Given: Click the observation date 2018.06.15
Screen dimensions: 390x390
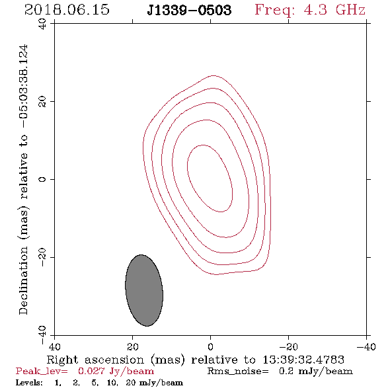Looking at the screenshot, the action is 67,10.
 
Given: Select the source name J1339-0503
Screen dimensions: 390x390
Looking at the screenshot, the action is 189,11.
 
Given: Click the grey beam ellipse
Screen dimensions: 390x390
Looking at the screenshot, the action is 144,290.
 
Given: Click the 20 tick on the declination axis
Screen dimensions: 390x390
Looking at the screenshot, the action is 42,102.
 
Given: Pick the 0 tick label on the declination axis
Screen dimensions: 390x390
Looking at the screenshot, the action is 42,179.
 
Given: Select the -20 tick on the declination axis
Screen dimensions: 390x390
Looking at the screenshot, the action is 42,257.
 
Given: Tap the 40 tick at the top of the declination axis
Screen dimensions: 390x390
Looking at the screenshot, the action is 42,24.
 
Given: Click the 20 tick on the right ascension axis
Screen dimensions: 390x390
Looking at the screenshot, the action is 132,346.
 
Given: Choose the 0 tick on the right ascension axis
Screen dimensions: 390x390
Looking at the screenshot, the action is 210,346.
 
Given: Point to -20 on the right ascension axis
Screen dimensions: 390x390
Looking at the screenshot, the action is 288,346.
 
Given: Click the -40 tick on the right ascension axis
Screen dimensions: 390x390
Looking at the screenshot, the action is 366,346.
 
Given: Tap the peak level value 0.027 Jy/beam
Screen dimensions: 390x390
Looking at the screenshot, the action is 116,371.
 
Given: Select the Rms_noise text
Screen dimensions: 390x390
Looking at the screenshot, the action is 238,371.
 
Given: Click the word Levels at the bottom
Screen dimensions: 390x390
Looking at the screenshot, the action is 29,383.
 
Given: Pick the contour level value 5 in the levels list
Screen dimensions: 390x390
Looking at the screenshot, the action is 95,383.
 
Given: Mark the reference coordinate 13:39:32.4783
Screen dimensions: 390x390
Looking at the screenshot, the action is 303,360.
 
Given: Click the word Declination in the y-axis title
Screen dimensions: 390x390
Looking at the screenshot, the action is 23,281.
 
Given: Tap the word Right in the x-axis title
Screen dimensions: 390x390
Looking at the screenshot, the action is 62,360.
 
